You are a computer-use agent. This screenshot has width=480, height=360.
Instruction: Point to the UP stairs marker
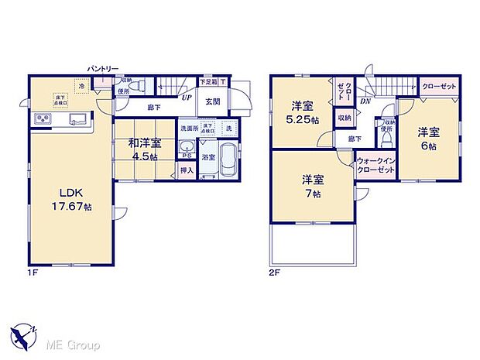186,98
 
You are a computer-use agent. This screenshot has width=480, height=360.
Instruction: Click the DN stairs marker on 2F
365,100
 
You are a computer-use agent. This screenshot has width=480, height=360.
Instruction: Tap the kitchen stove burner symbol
42,119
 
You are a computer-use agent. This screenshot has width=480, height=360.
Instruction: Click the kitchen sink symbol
77,119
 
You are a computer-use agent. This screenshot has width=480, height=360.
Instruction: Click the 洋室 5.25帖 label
300,112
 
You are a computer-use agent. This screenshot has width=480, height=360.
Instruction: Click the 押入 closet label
187,170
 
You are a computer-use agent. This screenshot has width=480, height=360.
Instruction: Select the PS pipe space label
186,155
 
